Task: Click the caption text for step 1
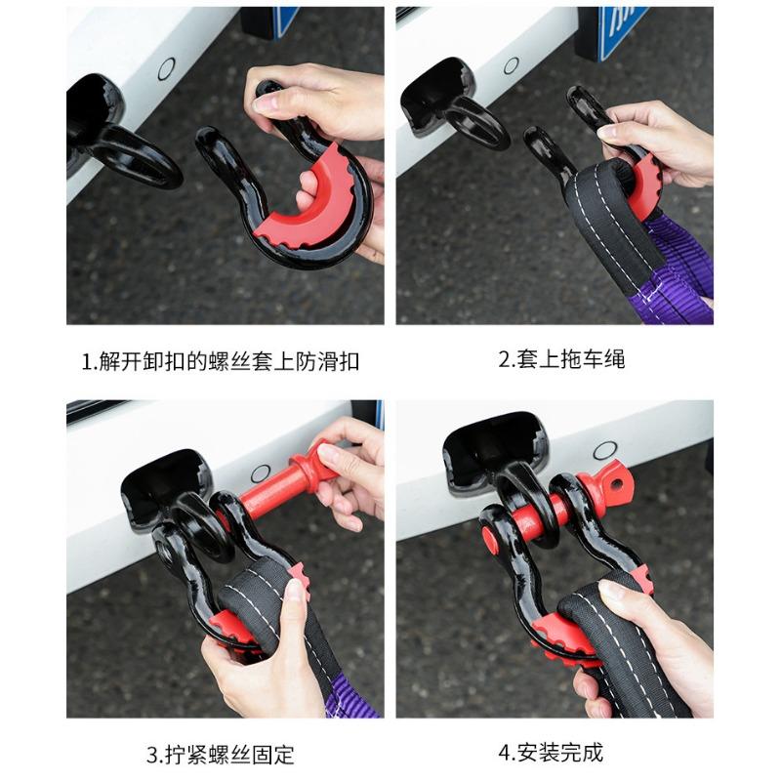[220, 362]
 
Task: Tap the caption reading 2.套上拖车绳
[561, 359]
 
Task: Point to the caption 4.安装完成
[551, 753]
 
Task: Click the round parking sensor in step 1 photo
[167, 68]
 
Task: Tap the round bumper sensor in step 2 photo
[511, 65]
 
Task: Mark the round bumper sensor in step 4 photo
[604, 451]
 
